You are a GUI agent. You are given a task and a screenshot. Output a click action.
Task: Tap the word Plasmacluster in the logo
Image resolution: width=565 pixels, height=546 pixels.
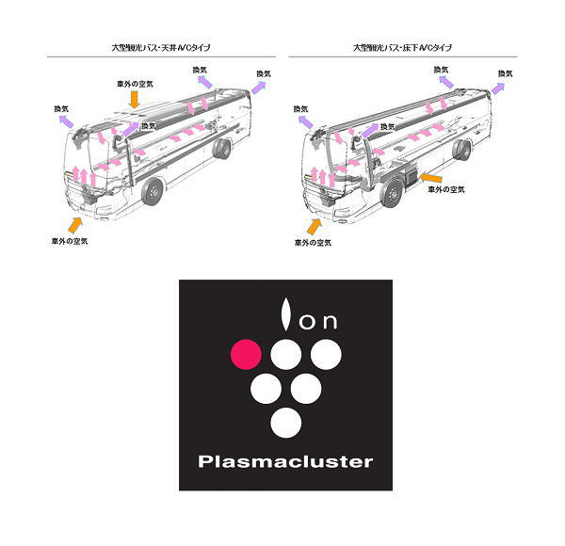click(286, 461)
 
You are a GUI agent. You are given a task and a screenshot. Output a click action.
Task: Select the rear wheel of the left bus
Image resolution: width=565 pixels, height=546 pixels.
click(223, 151)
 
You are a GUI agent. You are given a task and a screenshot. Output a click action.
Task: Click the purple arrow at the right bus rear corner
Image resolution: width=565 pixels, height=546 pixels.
click(500, 85)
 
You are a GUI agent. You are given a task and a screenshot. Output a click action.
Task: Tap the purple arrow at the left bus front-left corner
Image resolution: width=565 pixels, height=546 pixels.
click(64, 121)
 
